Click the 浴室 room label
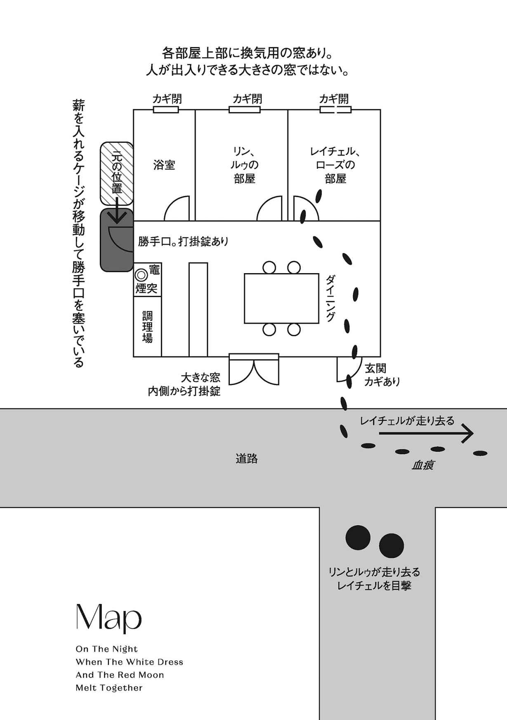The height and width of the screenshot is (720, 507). tap(164, 165)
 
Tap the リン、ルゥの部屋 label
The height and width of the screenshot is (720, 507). tap(244, 165)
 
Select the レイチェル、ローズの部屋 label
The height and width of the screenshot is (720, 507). tap(335, 165)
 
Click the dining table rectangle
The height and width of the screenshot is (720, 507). tap(281, 298)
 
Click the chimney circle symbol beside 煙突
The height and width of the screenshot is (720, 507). tap(141, 274)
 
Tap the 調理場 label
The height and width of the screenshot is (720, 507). tap(147, 327)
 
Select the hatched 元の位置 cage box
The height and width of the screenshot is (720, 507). tap(117, 173)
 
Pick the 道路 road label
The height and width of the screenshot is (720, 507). tap(247, 458)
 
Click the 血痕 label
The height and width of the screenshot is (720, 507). tap(422, 465)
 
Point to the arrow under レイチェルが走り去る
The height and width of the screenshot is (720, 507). tap(426, 433)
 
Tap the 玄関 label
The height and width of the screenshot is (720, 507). tap(375, 368)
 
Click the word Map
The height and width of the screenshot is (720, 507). tap(109, 618)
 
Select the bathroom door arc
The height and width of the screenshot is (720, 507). tap(177, 208)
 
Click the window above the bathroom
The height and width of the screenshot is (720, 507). tap(166, 110)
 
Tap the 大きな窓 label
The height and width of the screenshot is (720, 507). tap(200, 377)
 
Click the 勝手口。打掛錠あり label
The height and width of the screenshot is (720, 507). tap(183, 241)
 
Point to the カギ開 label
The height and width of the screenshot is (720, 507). tap(334, 99)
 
